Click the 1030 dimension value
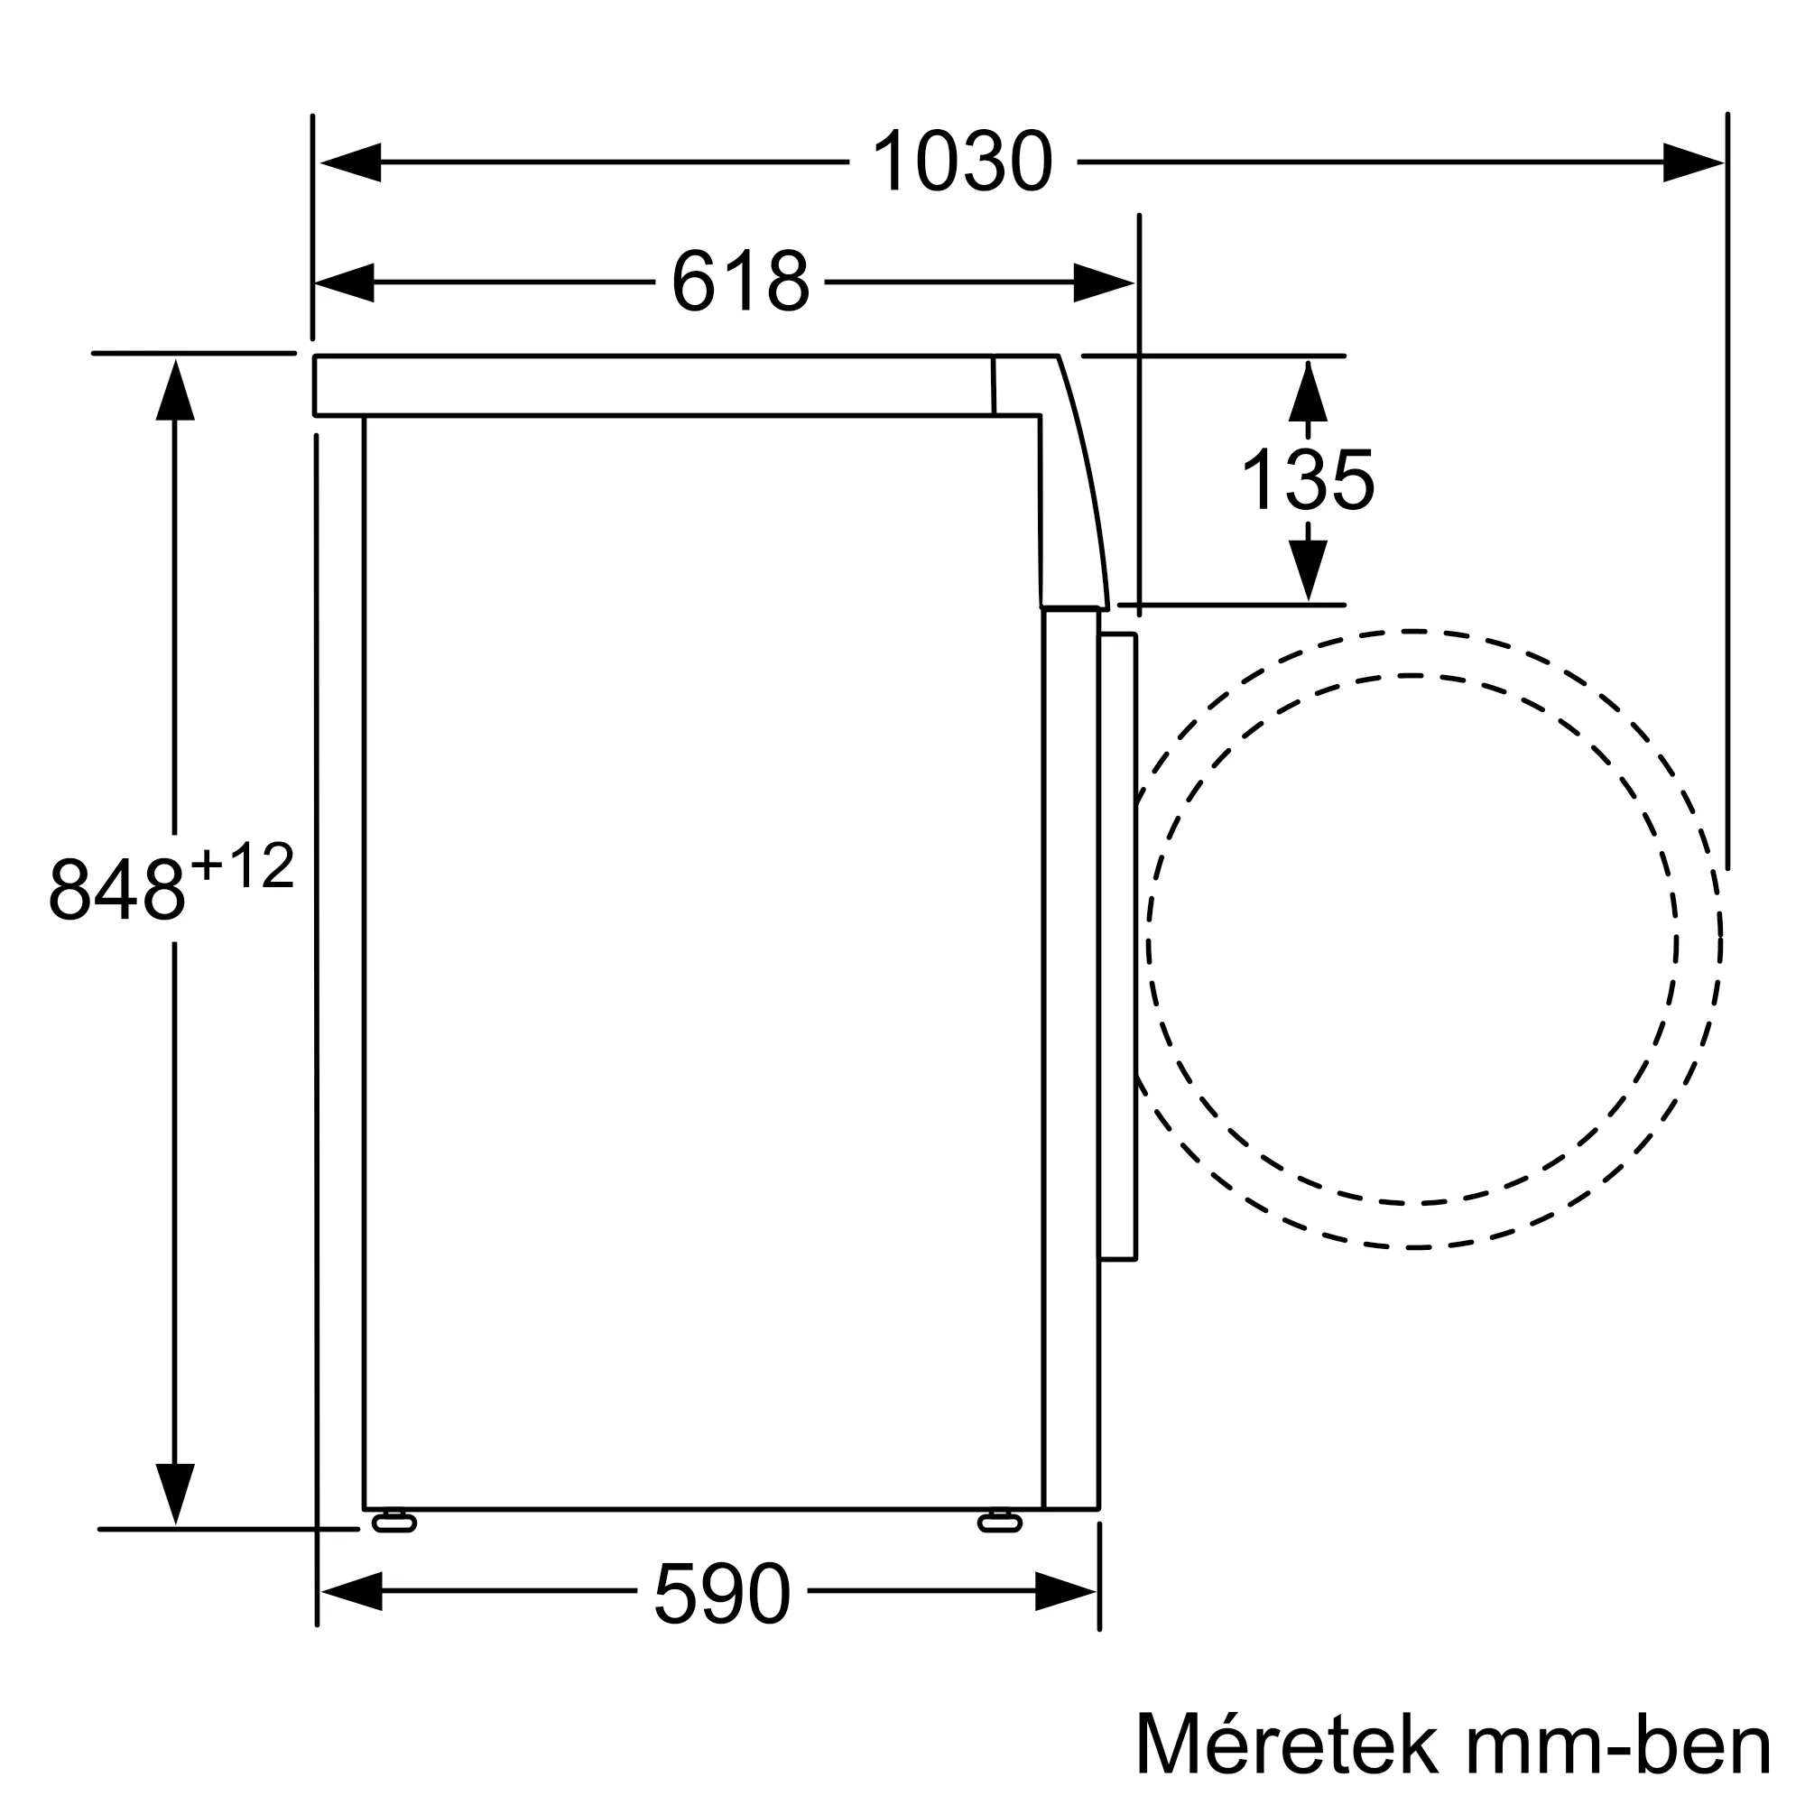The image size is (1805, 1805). click(962, 162)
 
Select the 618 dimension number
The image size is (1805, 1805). click(740, 282)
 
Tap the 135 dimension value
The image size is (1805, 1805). click(1307, 480)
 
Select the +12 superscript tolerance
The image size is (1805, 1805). click(243, 866)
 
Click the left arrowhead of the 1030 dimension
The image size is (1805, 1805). click(350, 162)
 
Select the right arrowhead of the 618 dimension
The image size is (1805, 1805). click(1104, 282)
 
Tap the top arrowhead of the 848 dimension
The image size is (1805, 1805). click(175, 391)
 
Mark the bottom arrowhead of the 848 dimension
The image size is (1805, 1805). click(175, 1493)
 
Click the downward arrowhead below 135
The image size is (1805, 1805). click(1308, 569)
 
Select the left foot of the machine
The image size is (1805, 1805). click(394, 1523)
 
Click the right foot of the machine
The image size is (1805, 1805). click(1000, 1523)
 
